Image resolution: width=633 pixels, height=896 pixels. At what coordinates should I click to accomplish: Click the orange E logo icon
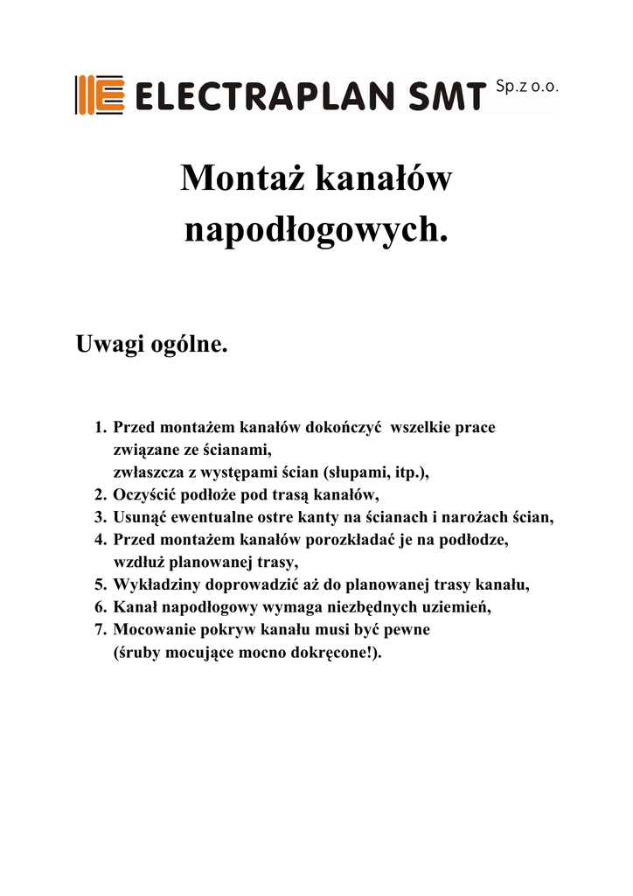(x=98, y=94)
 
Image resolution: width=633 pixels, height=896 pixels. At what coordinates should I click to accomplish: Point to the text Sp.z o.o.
(x=525, y=87)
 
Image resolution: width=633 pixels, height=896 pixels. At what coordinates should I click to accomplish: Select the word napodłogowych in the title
(x=316, y=229)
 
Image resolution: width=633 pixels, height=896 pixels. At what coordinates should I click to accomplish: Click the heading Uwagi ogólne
(x=152, y=344)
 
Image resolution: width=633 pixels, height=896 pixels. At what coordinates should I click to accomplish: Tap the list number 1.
(x=100, y=428)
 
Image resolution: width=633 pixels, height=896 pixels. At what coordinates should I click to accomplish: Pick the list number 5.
(x=100, y=584)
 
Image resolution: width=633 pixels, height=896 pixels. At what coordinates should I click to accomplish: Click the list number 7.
(x=100, y=629)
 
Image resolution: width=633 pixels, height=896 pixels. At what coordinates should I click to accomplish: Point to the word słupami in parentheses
(x=357, y=472)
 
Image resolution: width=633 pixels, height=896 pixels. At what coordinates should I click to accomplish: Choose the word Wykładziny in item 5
(x=157, y=584)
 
